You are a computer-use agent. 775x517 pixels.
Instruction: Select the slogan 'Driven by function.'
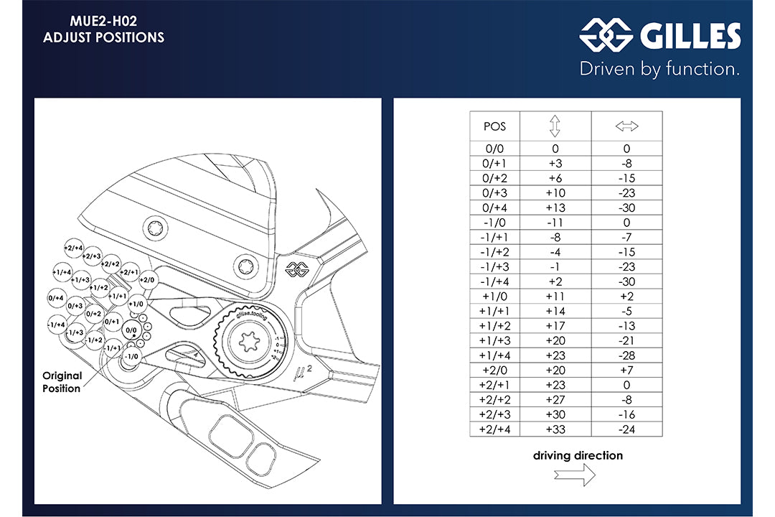tap(659, 69)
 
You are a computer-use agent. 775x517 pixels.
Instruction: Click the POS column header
tap(494, 126)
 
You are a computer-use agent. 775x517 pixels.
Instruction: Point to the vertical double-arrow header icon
tap(555, 126)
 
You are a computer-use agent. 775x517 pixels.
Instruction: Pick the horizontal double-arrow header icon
tap(626, 126)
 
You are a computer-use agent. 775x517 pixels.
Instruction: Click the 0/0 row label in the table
tap(494, 149)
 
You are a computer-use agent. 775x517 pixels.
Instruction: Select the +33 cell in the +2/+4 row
tap(555, 430)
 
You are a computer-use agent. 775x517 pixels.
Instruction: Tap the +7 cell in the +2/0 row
tap(626, 371)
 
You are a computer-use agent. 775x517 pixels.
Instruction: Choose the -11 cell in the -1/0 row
tap(555, 223)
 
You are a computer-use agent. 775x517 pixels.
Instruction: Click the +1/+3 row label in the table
tap(494, 341)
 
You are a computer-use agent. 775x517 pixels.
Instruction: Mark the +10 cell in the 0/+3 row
tap(555, 193)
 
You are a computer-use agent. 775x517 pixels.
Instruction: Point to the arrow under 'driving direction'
tap(574, 475)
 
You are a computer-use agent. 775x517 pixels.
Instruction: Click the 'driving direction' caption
tap(578, 456)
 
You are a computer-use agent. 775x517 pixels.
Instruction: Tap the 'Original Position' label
tap(62, 382)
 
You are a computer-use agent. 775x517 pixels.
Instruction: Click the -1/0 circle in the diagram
tap(131, 356)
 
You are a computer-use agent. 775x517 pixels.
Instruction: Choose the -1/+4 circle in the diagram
tap(56, 325)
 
